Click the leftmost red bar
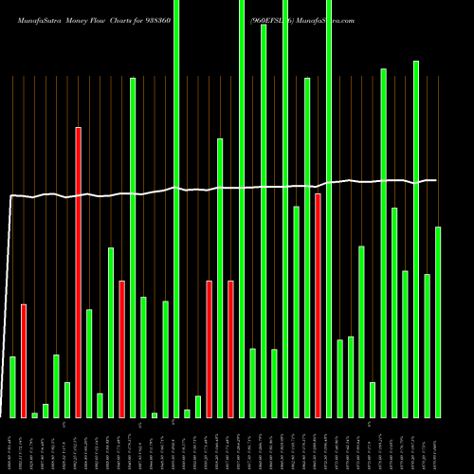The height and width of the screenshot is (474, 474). coord(24,360)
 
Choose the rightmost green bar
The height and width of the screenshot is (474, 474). coord(438,322)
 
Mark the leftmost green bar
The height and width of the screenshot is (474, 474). coord(12,387)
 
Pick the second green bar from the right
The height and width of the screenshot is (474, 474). coord(427,345)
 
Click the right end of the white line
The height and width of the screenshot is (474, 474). coord(436,180)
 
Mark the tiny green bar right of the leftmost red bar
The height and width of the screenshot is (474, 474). coord(35,414)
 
